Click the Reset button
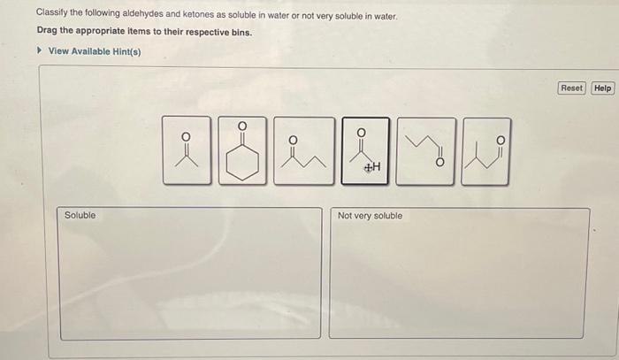coord(572,88)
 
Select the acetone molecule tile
coord(186,149)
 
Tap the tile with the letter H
coord(364,149)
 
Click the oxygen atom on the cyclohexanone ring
coord(241,126)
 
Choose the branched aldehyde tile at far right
coord(486,149)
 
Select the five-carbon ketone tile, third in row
coord(303,149)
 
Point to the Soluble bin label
coord(80,215)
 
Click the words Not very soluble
coord(370,215)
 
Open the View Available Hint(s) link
coord(94,50)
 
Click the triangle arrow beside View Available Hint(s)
coord(39,50)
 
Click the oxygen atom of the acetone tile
coord(186,137)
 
